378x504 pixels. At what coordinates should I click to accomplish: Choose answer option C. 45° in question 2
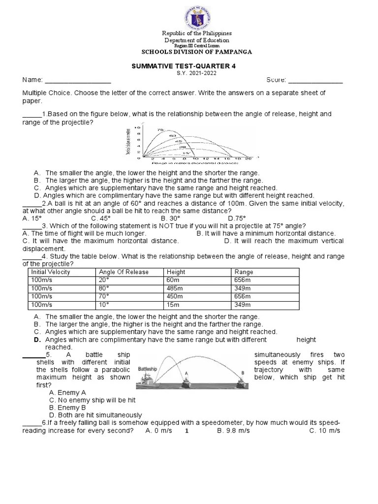tap(101, 218)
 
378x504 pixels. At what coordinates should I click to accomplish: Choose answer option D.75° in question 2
tap(237, 218)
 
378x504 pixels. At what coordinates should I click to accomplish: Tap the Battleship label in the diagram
tap(148, 368)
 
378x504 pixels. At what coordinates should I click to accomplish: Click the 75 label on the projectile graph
tap(160, 130)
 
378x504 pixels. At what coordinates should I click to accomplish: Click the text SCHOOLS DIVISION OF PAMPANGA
tap(196, 52)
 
